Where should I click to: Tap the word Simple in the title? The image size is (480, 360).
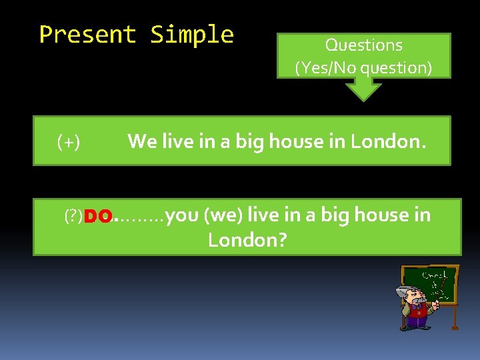192,34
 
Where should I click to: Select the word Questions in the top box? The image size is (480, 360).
363,45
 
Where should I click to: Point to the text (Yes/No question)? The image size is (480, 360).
363,67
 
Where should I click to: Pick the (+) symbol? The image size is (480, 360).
69,141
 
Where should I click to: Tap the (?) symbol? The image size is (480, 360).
73,216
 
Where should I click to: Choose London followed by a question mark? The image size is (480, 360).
247,239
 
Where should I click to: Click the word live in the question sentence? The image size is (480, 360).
263,215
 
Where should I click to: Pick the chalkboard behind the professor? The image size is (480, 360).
436,284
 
